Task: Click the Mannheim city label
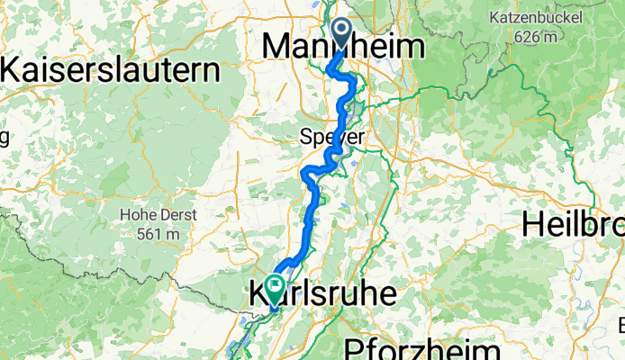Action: pyautogui.click(x=343, y=47)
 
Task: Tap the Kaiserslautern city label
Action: pyautogui.click(x=112, y=68)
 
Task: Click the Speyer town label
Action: pyautogui.click(x=332, y=138)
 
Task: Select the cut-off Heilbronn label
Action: pyautogui.click(x=574, y=225)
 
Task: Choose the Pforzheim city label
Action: pyautogui.click(x=421, y=349)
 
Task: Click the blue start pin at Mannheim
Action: pyautogui.click(x=342, y=32)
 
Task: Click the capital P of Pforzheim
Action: pyautogui.click(x=352, y=349)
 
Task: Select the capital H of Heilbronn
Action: pyautogui.click(x=532, y=225)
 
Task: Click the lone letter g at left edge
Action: pyautogui.click(x=4, y=137)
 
